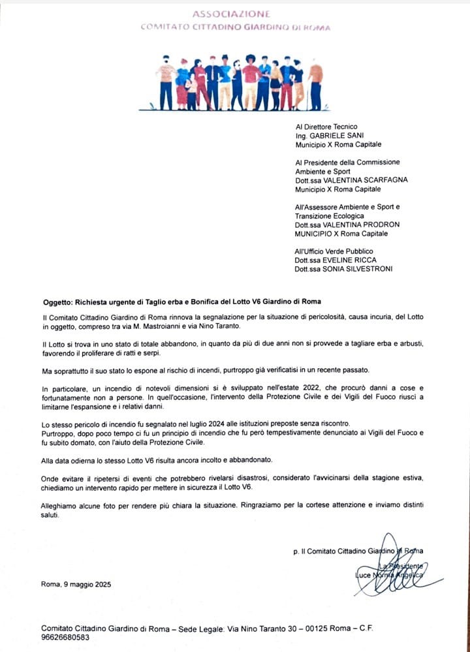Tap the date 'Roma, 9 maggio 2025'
click(x=76, y=584)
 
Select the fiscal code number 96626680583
click(x=65, y=637)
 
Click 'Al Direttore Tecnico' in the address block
click(x=326, y=127)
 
